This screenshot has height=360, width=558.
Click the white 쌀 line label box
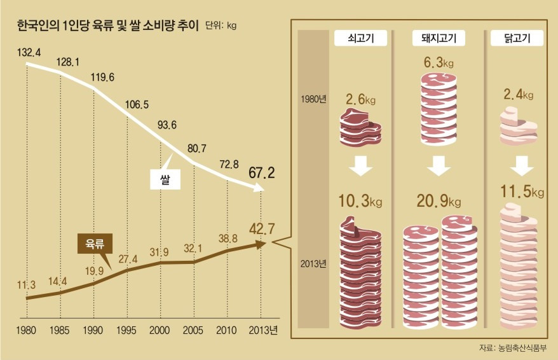(x=166, y=180)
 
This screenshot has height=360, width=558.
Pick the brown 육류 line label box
(x=94, y=243)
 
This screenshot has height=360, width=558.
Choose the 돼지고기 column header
(x=439, y=39)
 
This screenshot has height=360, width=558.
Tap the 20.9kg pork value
(x=439, y=202)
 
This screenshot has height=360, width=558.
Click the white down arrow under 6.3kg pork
(x=439, y=167)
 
